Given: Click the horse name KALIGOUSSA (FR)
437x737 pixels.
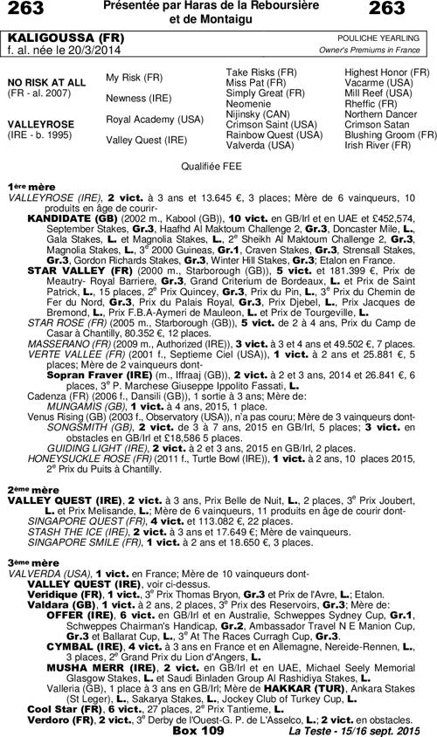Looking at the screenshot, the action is (x=54, y=39).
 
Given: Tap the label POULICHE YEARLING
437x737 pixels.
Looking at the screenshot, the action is (x=385, y=39).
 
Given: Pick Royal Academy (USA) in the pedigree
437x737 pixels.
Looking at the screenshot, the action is (x=154, y=118).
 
